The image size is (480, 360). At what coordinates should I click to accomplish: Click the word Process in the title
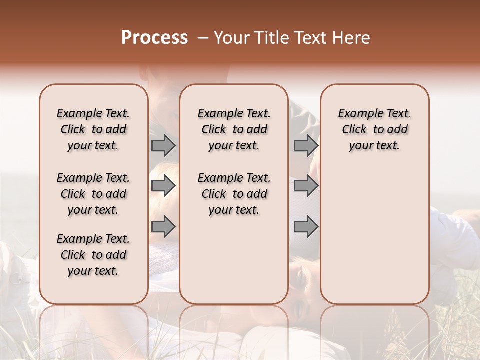pyautogui.click(x=154, y=38)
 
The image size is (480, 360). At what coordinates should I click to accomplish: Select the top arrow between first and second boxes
pyautogui.click(x=163, y=145)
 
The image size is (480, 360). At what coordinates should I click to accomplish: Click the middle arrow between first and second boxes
pyautogui.click(x=163, y=186)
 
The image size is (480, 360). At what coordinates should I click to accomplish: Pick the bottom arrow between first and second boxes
pyautogui.click(x=163, y=227)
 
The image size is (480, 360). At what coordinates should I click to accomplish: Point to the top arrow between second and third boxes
pyautogui.click(x=306, y=145)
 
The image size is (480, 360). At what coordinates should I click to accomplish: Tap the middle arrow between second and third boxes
pyautogui.click(x=306, y=186)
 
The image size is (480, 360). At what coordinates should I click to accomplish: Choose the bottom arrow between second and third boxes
pyautogui.click(x=306, y=227)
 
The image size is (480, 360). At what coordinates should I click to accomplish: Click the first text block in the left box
pyautogui.click(x=93, y=129)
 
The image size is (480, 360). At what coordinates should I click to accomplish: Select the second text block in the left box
pyautogui.click(x=93, y=194)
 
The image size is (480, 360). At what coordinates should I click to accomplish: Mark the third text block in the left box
pyautogui.click(x=93, y=255)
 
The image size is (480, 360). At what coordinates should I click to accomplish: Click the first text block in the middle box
pyautogui.click(x=234, y=129)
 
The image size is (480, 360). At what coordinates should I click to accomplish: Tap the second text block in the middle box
pyautogui.click(x=234, y=194)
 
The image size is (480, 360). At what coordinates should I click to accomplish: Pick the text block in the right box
pyautogui.click(x=375, y=129)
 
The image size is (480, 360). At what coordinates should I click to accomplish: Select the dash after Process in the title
pyautogui.click(x=202, y=38)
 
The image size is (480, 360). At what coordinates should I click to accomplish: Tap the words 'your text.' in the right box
pyautogui.click(x=375, y=146)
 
